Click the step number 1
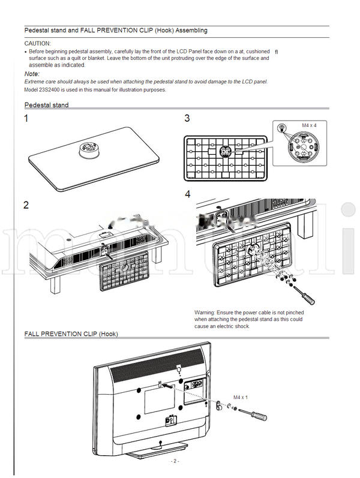click(x=26, y=119)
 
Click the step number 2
click(x=26, y=205)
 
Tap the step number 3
click(x=187, y=119)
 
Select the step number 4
click(x=188, y=194)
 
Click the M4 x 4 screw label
click(x=308, y=125)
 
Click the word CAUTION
click(x=37, y=44)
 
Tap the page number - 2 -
click(x=174, y=461)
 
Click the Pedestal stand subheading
click(x=46, y=106)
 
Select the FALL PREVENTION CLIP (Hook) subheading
click(x=71, y=333)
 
